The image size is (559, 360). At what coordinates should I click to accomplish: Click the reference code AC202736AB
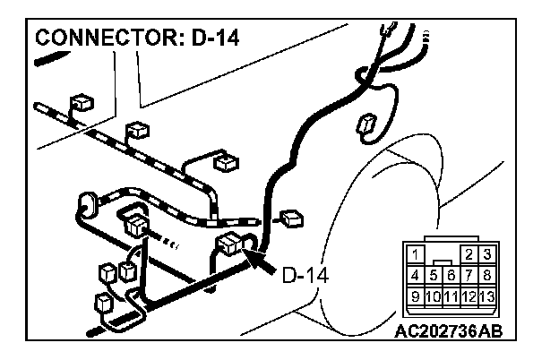coord(448,330)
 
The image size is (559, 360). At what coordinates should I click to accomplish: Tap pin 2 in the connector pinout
coord(469,255)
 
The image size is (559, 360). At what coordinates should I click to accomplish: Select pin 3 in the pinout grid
coord(486,255)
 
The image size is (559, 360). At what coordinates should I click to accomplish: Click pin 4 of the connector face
coord(416,275)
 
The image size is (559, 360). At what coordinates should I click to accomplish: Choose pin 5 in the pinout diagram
coord(434,275)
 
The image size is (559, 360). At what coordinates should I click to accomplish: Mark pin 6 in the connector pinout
coord(451,275)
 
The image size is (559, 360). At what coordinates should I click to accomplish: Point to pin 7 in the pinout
coord(469,275)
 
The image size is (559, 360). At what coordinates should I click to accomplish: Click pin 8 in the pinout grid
coord(486,275)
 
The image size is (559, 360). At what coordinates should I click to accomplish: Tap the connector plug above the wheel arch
coord(366,126)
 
